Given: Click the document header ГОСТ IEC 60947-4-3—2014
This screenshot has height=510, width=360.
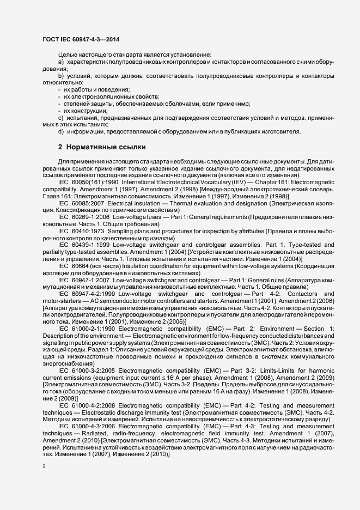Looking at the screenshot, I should (82, 39).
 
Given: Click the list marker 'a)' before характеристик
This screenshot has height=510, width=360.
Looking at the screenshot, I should (61, 63).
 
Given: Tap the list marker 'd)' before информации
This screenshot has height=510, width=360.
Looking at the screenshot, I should (61, 131).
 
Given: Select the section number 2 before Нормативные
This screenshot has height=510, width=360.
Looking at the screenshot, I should (60, 147).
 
